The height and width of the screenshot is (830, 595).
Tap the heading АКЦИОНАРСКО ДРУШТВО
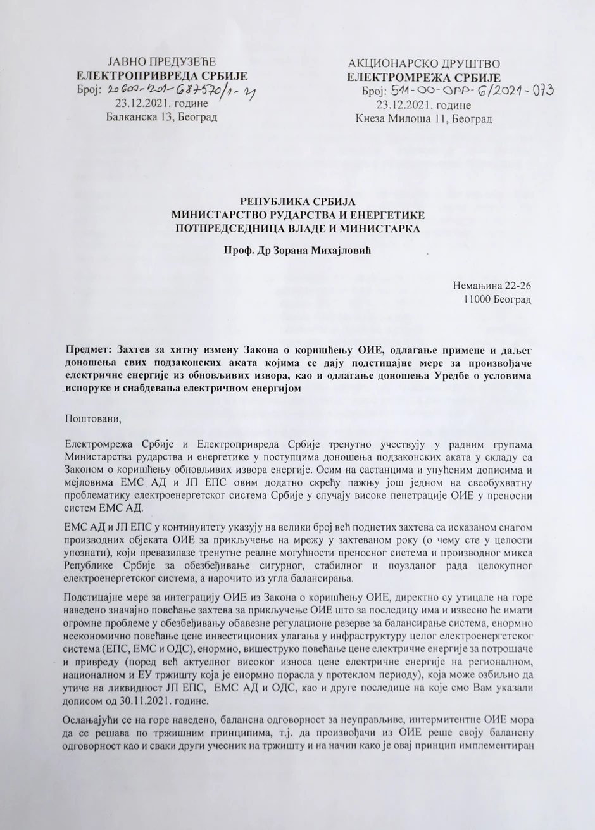pos(424,64)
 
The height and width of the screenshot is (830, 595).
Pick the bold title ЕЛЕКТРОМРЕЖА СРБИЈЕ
pos(423,78)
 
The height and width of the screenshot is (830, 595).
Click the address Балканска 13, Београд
pos(162,117)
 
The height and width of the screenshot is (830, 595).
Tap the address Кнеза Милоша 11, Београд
pos(423,118)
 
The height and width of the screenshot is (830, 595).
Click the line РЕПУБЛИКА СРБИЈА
pos(297,201)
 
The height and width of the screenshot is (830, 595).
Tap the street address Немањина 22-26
pos(492,285)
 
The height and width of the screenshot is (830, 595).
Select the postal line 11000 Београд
pos(498,298)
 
